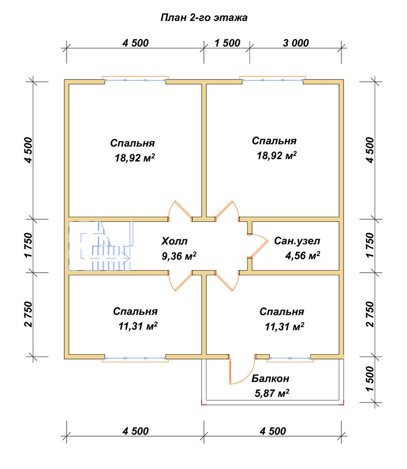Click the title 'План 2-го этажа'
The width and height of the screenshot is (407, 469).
[x=204, y=18]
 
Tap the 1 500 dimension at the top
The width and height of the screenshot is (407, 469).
[x=227, y=43]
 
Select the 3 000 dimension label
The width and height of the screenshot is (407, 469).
[x=296, y=43]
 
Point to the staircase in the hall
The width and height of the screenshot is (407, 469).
[x=101, y=246]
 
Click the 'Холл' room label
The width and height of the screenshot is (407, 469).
[x=174, y=241]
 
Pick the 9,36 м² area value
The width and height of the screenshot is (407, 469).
[x=179, y=256]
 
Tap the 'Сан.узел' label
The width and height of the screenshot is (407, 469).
[x=297, y=241]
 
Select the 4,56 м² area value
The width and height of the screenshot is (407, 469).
[x=302, y=256]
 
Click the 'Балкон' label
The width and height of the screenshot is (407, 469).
[x=271, y=378]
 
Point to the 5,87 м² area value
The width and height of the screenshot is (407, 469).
[x=272, y=393]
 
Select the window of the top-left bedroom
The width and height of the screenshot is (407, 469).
[x=135, y=80]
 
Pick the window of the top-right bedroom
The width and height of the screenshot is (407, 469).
[x=273, y=80]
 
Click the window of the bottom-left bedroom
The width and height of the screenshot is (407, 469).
[x=135, y=358]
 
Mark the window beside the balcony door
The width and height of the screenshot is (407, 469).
[x=290, y=358]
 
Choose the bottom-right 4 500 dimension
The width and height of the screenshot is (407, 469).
[x=273, y=431]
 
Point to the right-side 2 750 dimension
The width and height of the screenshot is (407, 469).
[x=370, y=314]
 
